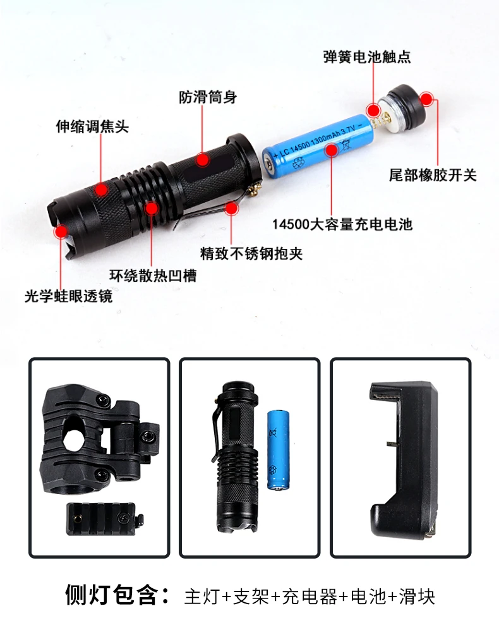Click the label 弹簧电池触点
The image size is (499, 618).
point(366,57)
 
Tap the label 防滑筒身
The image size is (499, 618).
point(208,97)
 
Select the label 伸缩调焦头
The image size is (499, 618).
point(92,126)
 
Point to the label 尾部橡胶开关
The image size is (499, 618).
point(433,175)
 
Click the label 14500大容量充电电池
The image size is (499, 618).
point(342,224)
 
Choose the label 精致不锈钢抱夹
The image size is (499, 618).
point(251,253)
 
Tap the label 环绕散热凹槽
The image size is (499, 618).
point(153,276)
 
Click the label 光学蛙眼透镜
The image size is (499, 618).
point(68,296)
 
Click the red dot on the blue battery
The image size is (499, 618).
point(332,150)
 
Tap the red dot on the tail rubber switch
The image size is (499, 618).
point(426,99)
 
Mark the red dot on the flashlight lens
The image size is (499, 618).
point(61,232)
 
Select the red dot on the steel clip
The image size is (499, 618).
point(231,208)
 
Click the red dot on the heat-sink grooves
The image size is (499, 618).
point(152,208)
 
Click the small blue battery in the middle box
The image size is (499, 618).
point(278,450)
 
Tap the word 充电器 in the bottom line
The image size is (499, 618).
point(310,596)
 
